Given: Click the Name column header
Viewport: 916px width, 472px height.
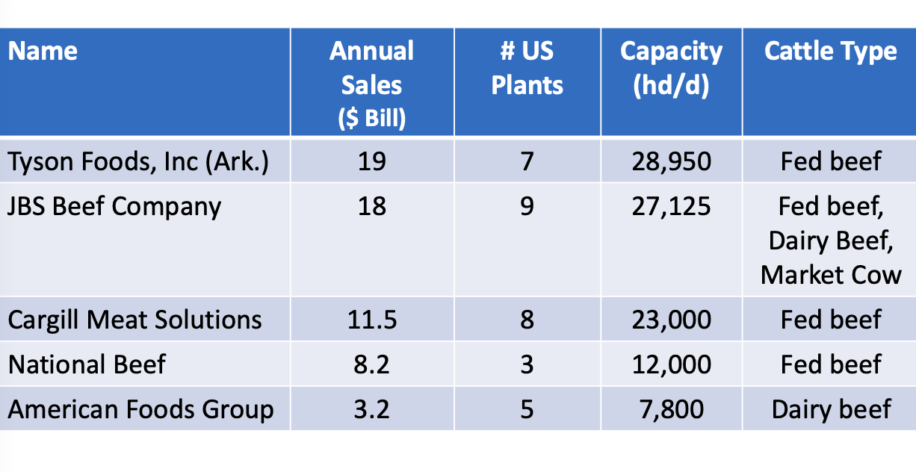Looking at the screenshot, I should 43,52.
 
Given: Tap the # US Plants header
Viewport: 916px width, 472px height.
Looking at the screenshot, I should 527,68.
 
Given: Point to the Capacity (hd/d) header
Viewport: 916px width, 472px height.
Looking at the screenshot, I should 671,68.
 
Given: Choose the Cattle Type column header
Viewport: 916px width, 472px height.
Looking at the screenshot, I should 830,52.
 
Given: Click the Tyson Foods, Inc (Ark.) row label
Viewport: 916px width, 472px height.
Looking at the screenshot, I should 137,161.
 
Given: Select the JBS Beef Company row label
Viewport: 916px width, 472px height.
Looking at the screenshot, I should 114,206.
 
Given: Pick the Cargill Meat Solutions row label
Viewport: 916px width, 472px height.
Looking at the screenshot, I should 134,320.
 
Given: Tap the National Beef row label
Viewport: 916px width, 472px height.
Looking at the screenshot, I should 87,364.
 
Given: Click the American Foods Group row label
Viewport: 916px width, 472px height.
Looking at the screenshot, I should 140,409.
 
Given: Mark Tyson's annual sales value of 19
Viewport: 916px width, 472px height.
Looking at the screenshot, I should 371,161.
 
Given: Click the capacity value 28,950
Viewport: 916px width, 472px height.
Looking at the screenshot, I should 671,161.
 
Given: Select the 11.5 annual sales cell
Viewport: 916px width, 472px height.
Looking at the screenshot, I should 371,320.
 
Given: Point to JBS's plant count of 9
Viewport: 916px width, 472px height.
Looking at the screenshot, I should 527,206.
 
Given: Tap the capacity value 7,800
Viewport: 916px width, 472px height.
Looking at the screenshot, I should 671,409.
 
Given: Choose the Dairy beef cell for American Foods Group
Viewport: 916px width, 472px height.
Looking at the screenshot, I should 831,409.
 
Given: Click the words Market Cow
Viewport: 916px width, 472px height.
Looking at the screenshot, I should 831,275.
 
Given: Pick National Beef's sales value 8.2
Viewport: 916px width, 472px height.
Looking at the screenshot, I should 371,364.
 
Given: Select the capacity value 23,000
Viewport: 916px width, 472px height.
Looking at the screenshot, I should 671,320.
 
